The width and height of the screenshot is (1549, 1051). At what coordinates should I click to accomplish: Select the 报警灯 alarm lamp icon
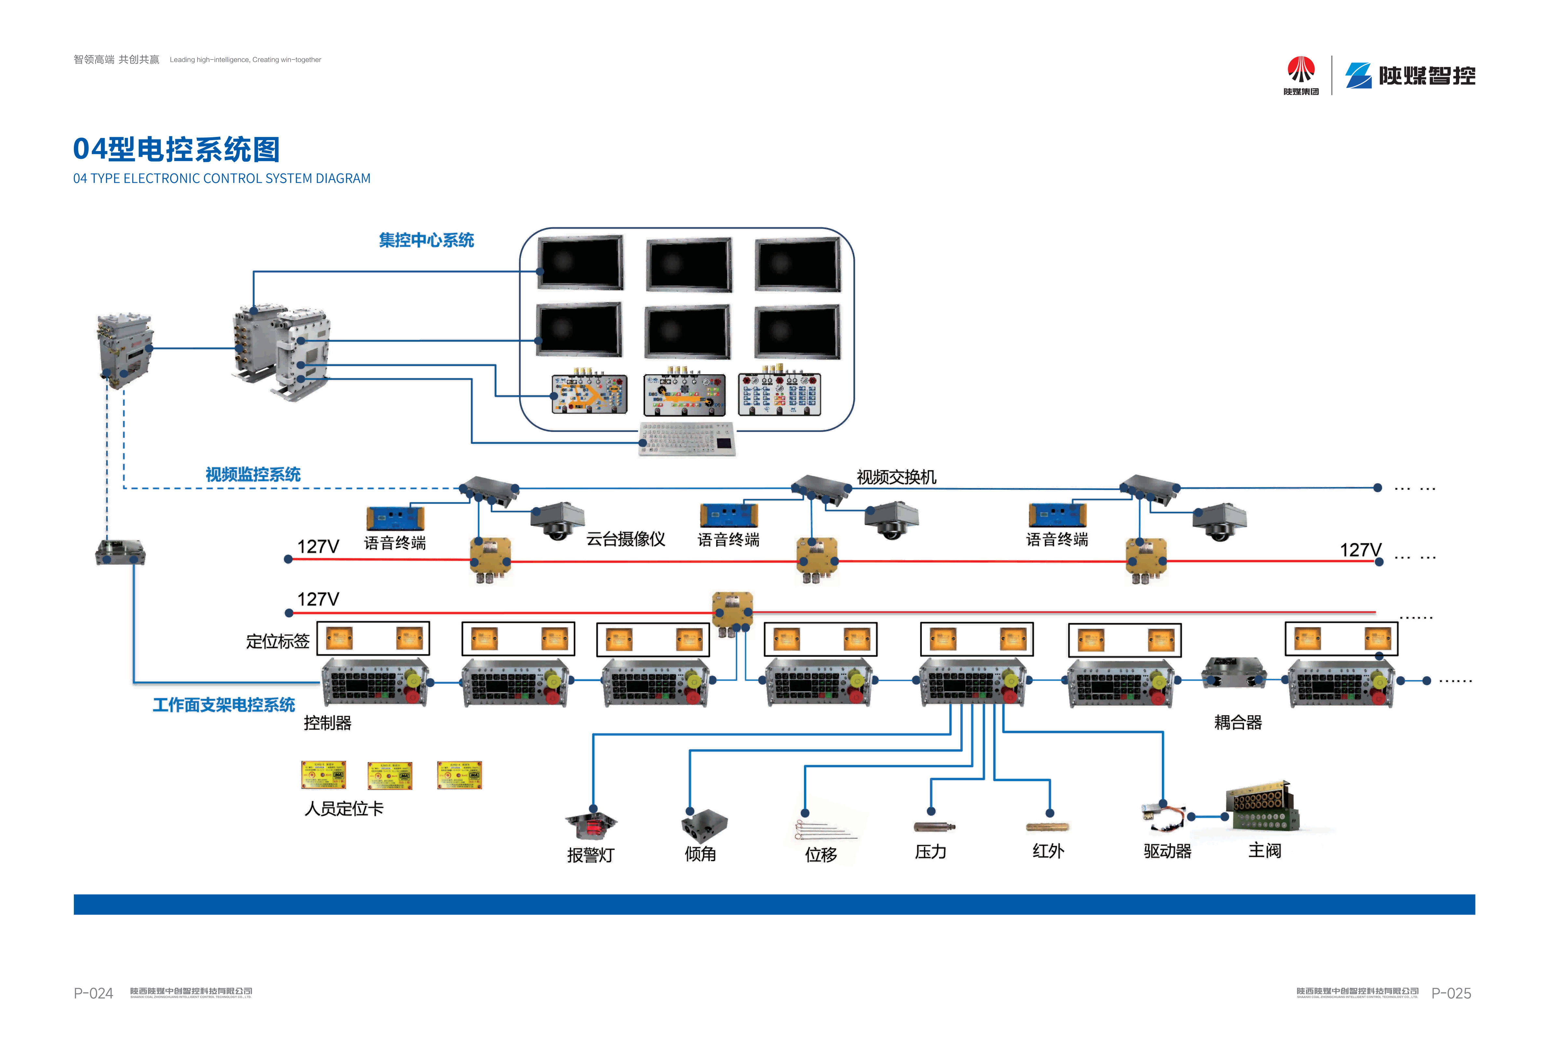point(591,827)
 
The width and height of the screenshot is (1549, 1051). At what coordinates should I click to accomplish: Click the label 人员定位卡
point(344,808)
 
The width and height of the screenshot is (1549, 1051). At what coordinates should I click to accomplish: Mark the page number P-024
point(93,993)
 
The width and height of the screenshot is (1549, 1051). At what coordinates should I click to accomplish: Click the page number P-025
point(1451,993)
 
